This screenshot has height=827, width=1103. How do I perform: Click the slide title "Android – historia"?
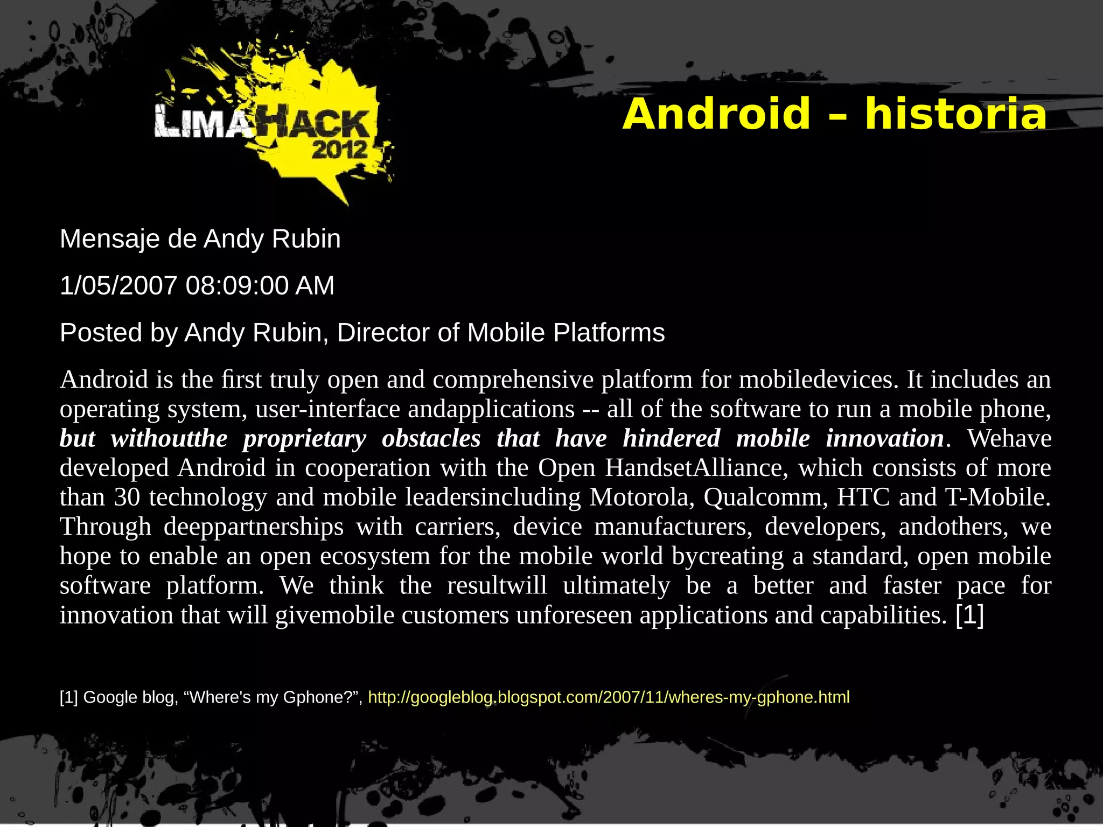click(834, 114)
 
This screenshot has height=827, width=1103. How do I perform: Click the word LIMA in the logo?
click(202, 123)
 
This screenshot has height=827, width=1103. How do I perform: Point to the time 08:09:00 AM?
click(260, 285)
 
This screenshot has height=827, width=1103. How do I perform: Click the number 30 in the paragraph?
click(127, 497)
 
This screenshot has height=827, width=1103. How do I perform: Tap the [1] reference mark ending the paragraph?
click(969, 615)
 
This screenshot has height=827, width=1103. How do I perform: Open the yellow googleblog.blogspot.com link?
click(609, 697)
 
